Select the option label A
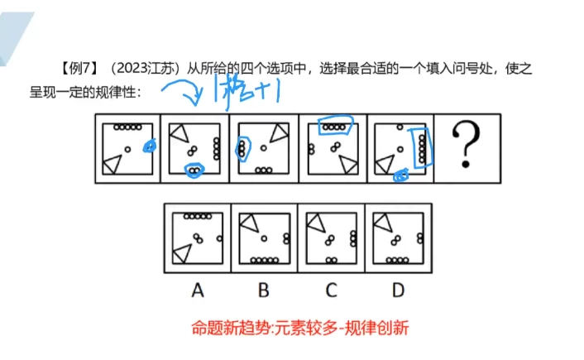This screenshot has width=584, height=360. tap(197, 290)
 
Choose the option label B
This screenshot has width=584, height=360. tap(263, 290)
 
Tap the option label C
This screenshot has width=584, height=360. tap(331, 290)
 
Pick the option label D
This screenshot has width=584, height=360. tap(399, 290)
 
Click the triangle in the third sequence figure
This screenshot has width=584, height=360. tap(279, 130)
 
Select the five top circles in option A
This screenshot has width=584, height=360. tap(198, 217)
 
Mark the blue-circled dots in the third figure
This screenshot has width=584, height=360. tap(242, 148)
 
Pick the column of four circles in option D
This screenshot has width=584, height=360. tap(420, 238)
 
